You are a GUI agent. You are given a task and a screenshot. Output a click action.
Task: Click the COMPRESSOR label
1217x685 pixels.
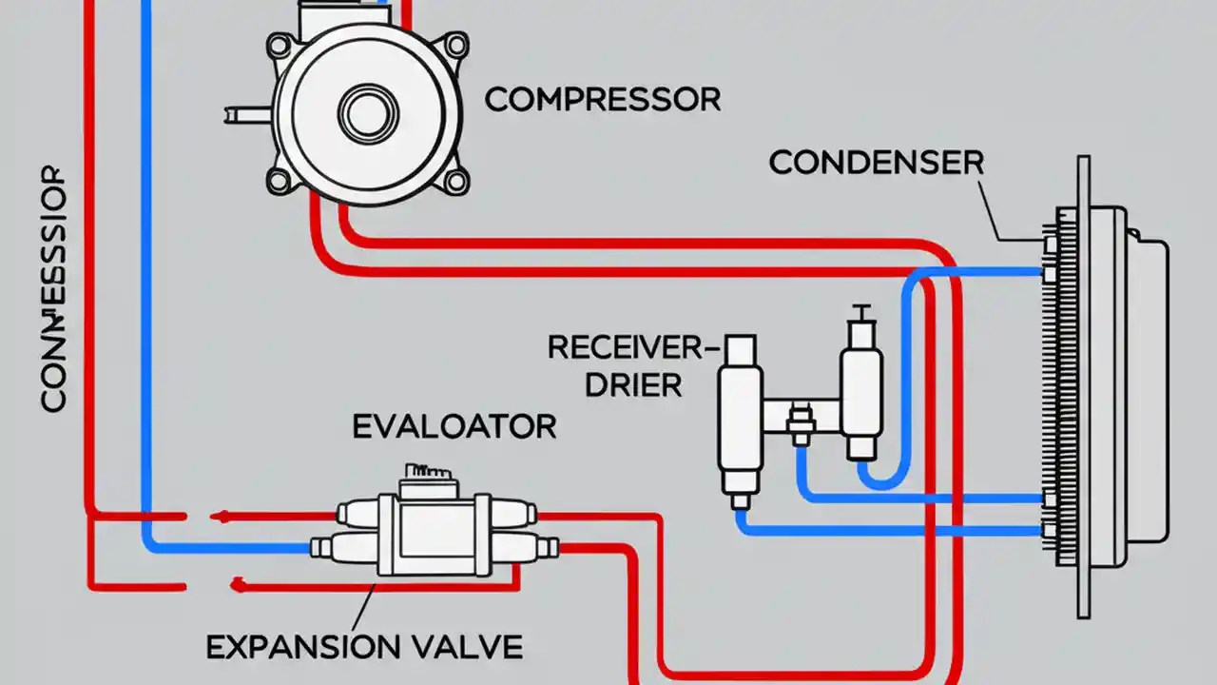pyautogui.click(x=602, y=99)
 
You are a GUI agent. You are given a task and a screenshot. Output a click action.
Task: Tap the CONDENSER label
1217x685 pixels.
pyautogui.click(x=876, y=163)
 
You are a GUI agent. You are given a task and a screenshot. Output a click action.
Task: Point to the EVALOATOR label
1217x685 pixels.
pyautogui.click(x=454, y=426)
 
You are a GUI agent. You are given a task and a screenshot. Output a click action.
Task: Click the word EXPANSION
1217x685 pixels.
pyautogui.click(x=300, y=648)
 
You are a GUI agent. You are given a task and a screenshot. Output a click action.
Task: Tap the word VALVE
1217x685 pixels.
pyautogui.click(x=463, y=648)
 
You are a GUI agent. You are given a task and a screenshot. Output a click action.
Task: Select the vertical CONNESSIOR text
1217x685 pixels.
pyautogui.click(x=54, y=290)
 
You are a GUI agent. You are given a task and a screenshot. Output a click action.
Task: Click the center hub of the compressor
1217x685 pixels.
pyautogui.click(x=363, y=112)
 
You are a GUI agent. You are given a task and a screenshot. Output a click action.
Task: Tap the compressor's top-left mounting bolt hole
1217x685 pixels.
pyautogui.click(x=280, y=44)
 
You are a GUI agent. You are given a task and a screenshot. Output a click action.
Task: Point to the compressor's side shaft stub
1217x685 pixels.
pyautogui.click(x=247, y=114)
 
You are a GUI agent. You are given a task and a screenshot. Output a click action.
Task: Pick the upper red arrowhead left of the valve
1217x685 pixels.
pyautogui.click(x=222, y=517)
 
